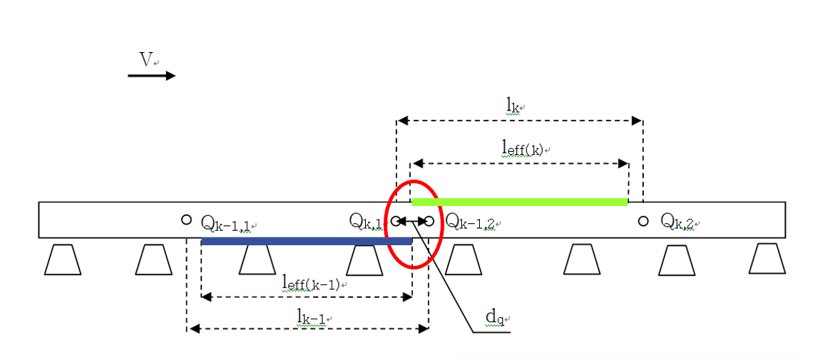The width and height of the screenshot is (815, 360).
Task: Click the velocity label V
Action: tap(145, 60)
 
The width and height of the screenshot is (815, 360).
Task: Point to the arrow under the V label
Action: tap(151, 76)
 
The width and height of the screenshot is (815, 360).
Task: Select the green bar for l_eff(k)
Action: tap(520, 202)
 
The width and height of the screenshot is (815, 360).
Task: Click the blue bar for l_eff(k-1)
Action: tap(306, 242)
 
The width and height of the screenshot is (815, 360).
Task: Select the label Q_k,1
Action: tap(364, 222)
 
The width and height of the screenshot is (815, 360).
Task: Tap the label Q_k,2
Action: tap(680, 222)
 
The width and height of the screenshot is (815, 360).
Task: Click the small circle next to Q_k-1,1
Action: tap(186, 220)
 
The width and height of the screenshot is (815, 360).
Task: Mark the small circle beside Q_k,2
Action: tap(643, 221)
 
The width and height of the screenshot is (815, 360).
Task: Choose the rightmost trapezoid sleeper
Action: tap(767, 259)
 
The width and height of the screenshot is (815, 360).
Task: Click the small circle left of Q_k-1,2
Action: tap(429, 221)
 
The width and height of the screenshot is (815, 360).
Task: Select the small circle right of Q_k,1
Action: tap(395, 221)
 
